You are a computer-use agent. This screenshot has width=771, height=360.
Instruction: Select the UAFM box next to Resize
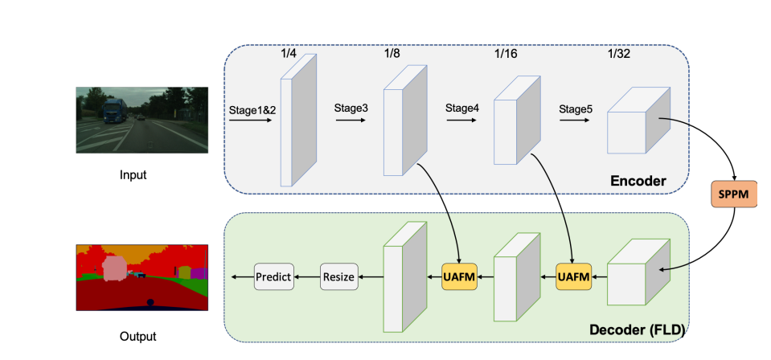[x=459, y=276]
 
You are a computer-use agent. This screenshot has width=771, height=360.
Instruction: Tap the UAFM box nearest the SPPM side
[x=573, y=277]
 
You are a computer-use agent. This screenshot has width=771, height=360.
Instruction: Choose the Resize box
[x=338, y=276]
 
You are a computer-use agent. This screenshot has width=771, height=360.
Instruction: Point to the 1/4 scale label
[x=289, y=54]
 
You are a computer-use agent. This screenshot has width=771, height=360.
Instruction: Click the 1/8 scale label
[x=392, y=54]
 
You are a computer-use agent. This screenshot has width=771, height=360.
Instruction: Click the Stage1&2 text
[x=252, y=108]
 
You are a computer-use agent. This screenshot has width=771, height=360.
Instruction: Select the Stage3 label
[x=352, y=107]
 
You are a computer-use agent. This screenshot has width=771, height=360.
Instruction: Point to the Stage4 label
[x=462, y=107]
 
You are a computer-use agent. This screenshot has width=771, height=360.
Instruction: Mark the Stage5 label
[x=576, y=107]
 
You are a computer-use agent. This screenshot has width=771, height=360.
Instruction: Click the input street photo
[x=141, y=121]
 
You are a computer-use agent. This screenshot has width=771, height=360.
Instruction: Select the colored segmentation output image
[x=141, y=277]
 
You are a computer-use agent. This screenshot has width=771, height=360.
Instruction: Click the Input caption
[x=133, y=175]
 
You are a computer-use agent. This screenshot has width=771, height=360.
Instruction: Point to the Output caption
[x=137, y=337]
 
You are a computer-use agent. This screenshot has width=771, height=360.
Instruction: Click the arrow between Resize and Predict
[x=306, y=276]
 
